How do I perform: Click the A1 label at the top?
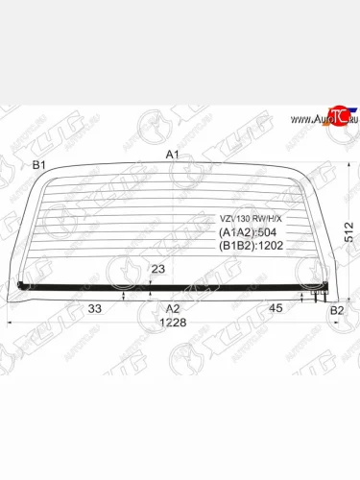click(172, 155)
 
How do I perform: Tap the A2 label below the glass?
click(172, 308)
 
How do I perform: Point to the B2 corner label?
click(336, 310)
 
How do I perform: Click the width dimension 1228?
click(172, 323)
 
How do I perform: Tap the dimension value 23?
click(158, 270)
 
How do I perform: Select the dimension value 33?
click(95, 308)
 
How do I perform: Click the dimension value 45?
click(275, 308)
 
